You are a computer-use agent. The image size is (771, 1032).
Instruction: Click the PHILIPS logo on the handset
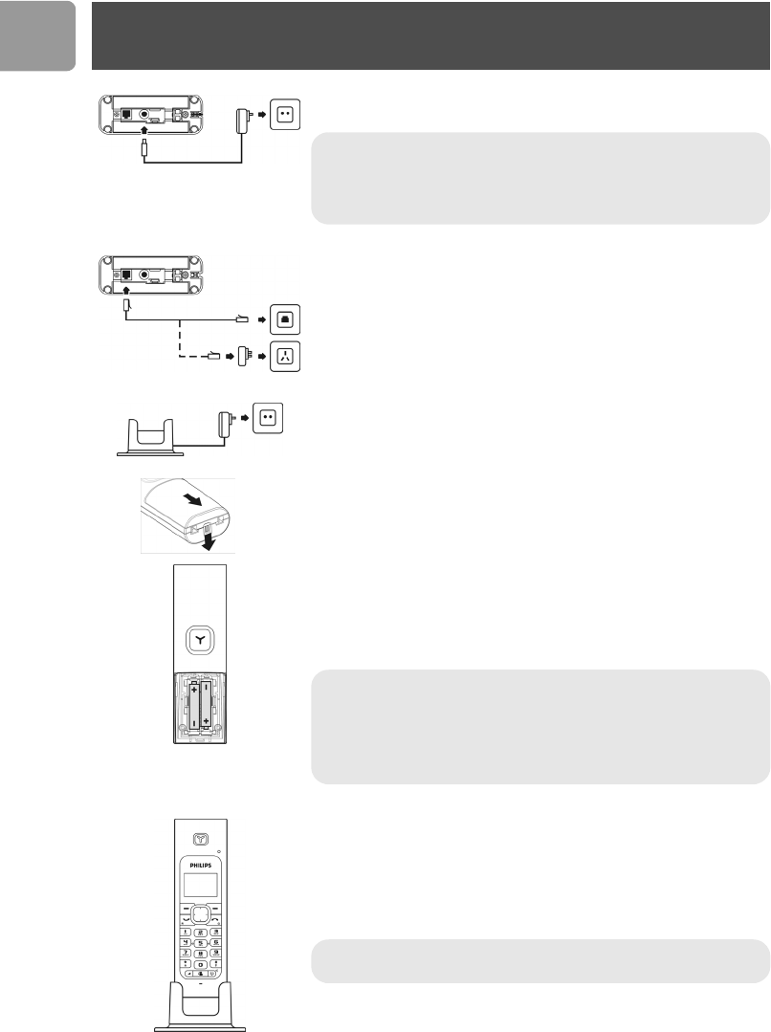point(200,864)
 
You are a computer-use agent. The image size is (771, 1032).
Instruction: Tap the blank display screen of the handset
point(199,886)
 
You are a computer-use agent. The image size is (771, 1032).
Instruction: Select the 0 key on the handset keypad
point(201,966)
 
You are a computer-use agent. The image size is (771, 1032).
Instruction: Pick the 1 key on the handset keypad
point(185,931)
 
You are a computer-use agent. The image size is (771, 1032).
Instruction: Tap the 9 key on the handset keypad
point(217,955)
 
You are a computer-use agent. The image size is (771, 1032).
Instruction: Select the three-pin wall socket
point(286,357)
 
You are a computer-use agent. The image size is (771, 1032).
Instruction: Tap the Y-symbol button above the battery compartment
point(201,642)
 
